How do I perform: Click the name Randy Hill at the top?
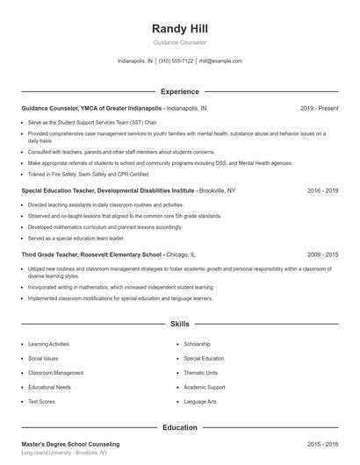(180, 28)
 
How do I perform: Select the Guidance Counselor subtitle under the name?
(180, 42)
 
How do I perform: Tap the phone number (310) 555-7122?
(176, 61)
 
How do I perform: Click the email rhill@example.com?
(220, 61)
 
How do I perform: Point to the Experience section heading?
(180, 91)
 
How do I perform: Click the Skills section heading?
(180, 324)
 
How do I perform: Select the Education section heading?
(180, 427)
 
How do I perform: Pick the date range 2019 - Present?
(319, 108)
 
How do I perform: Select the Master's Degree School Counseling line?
(70, 445)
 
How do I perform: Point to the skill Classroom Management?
(56, 373)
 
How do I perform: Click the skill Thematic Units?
(202, 373)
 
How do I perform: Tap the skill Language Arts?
(200, 401)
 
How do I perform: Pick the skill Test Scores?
(42, 401)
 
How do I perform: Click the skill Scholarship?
(197, 345)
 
